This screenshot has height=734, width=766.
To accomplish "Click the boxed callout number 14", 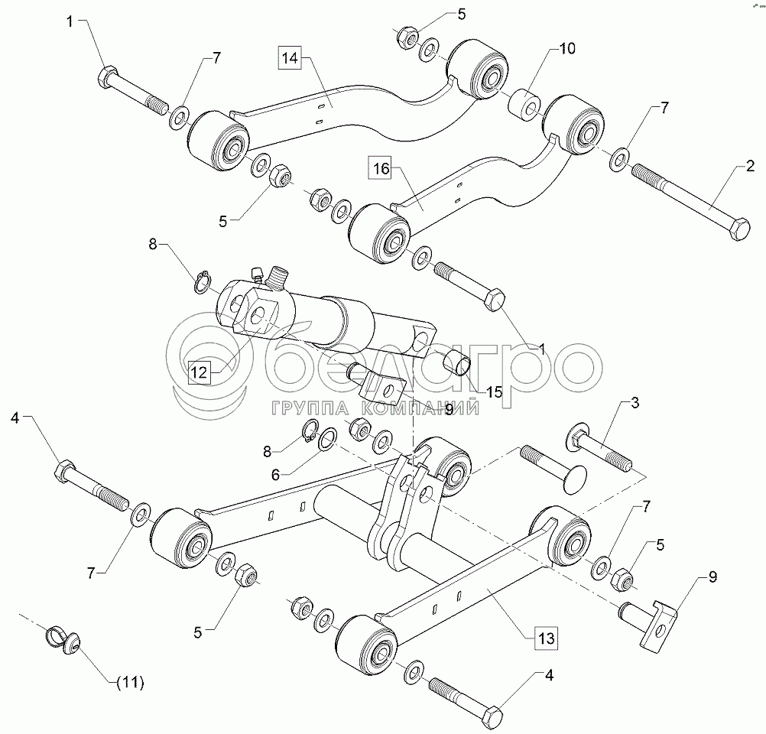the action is coord(290,57).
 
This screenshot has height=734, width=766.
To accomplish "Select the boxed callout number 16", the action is coord(381,169).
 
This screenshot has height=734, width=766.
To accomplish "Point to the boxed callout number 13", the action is coord(546,638).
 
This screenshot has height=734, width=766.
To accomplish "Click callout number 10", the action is coord(567,48).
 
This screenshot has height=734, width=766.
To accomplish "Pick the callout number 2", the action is coord(751,166).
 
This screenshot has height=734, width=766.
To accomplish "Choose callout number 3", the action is coord(635,403).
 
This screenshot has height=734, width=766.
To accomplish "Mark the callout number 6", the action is coord(275,475).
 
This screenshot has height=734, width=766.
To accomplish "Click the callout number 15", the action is coord(495,392).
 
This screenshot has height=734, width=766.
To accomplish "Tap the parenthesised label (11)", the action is coord(131,682).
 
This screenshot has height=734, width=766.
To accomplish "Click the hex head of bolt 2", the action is coord(738,229).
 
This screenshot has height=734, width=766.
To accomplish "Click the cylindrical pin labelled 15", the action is coord(457,362).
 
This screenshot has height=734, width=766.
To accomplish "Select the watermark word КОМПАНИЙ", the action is coord(422,408).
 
